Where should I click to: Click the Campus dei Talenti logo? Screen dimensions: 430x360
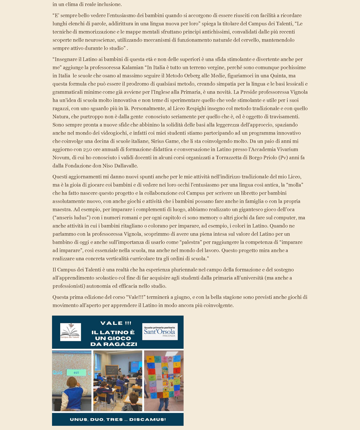click(x=70, y=332)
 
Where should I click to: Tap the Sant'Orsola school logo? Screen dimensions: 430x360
click(x=160, y=331)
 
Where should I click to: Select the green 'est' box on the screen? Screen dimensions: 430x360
click(x=76, y=373)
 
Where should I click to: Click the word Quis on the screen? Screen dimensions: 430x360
click(x=58, y=373)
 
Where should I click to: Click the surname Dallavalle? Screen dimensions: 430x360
click(x=131, y=166)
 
